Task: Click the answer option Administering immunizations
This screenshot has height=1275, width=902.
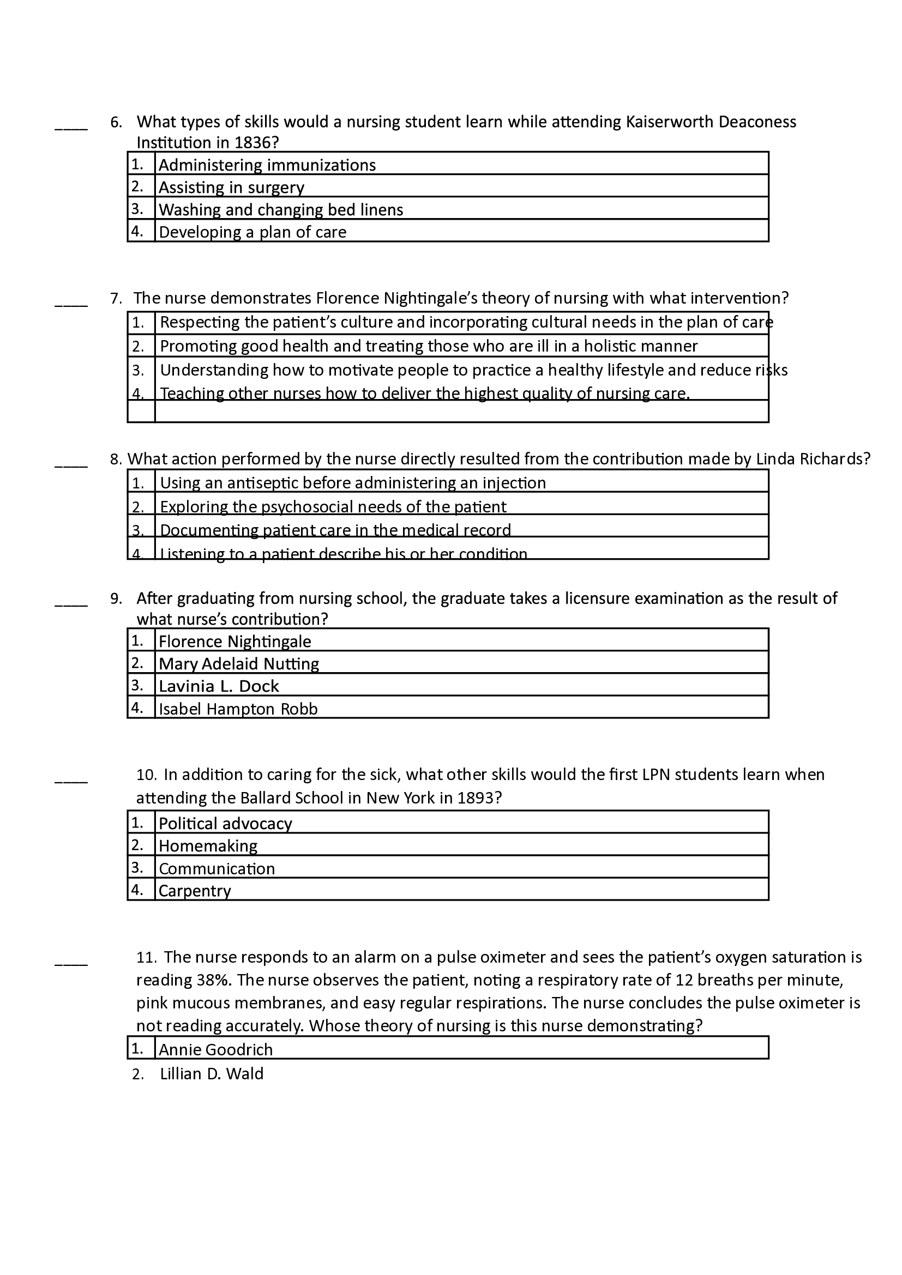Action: pos(267,165)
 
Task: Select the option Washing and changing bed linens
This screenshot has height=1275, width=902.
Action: pos(280,209)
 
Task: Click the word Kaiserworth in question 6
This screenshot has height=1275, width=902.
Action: pos(670,122)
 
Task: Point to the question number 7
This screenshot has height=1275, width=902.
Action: pos(116,298)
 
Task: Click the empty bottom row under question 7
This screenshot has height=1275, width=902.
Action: pos(461,412)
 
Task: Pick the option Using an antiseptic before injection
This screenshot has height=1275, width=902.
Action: pos(353,482)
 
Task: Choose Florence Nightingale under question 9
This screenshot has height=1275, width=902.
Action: pos(234,642)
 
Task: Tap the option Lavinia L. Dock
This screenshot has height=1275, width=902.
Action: pos(218,686)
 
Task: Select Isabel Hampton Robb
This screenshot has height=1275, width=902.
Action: pos(238,709)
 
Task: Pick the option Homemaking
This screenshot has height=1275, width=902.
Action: pos(208,846)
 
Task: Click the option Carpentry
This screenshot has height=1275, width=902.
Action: pos(194,891)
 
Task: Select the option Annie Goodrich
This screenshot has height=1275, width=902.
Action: pos(215,1049)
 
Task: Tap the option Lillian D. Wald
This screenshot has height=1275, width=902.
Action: pos(211,1073)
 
